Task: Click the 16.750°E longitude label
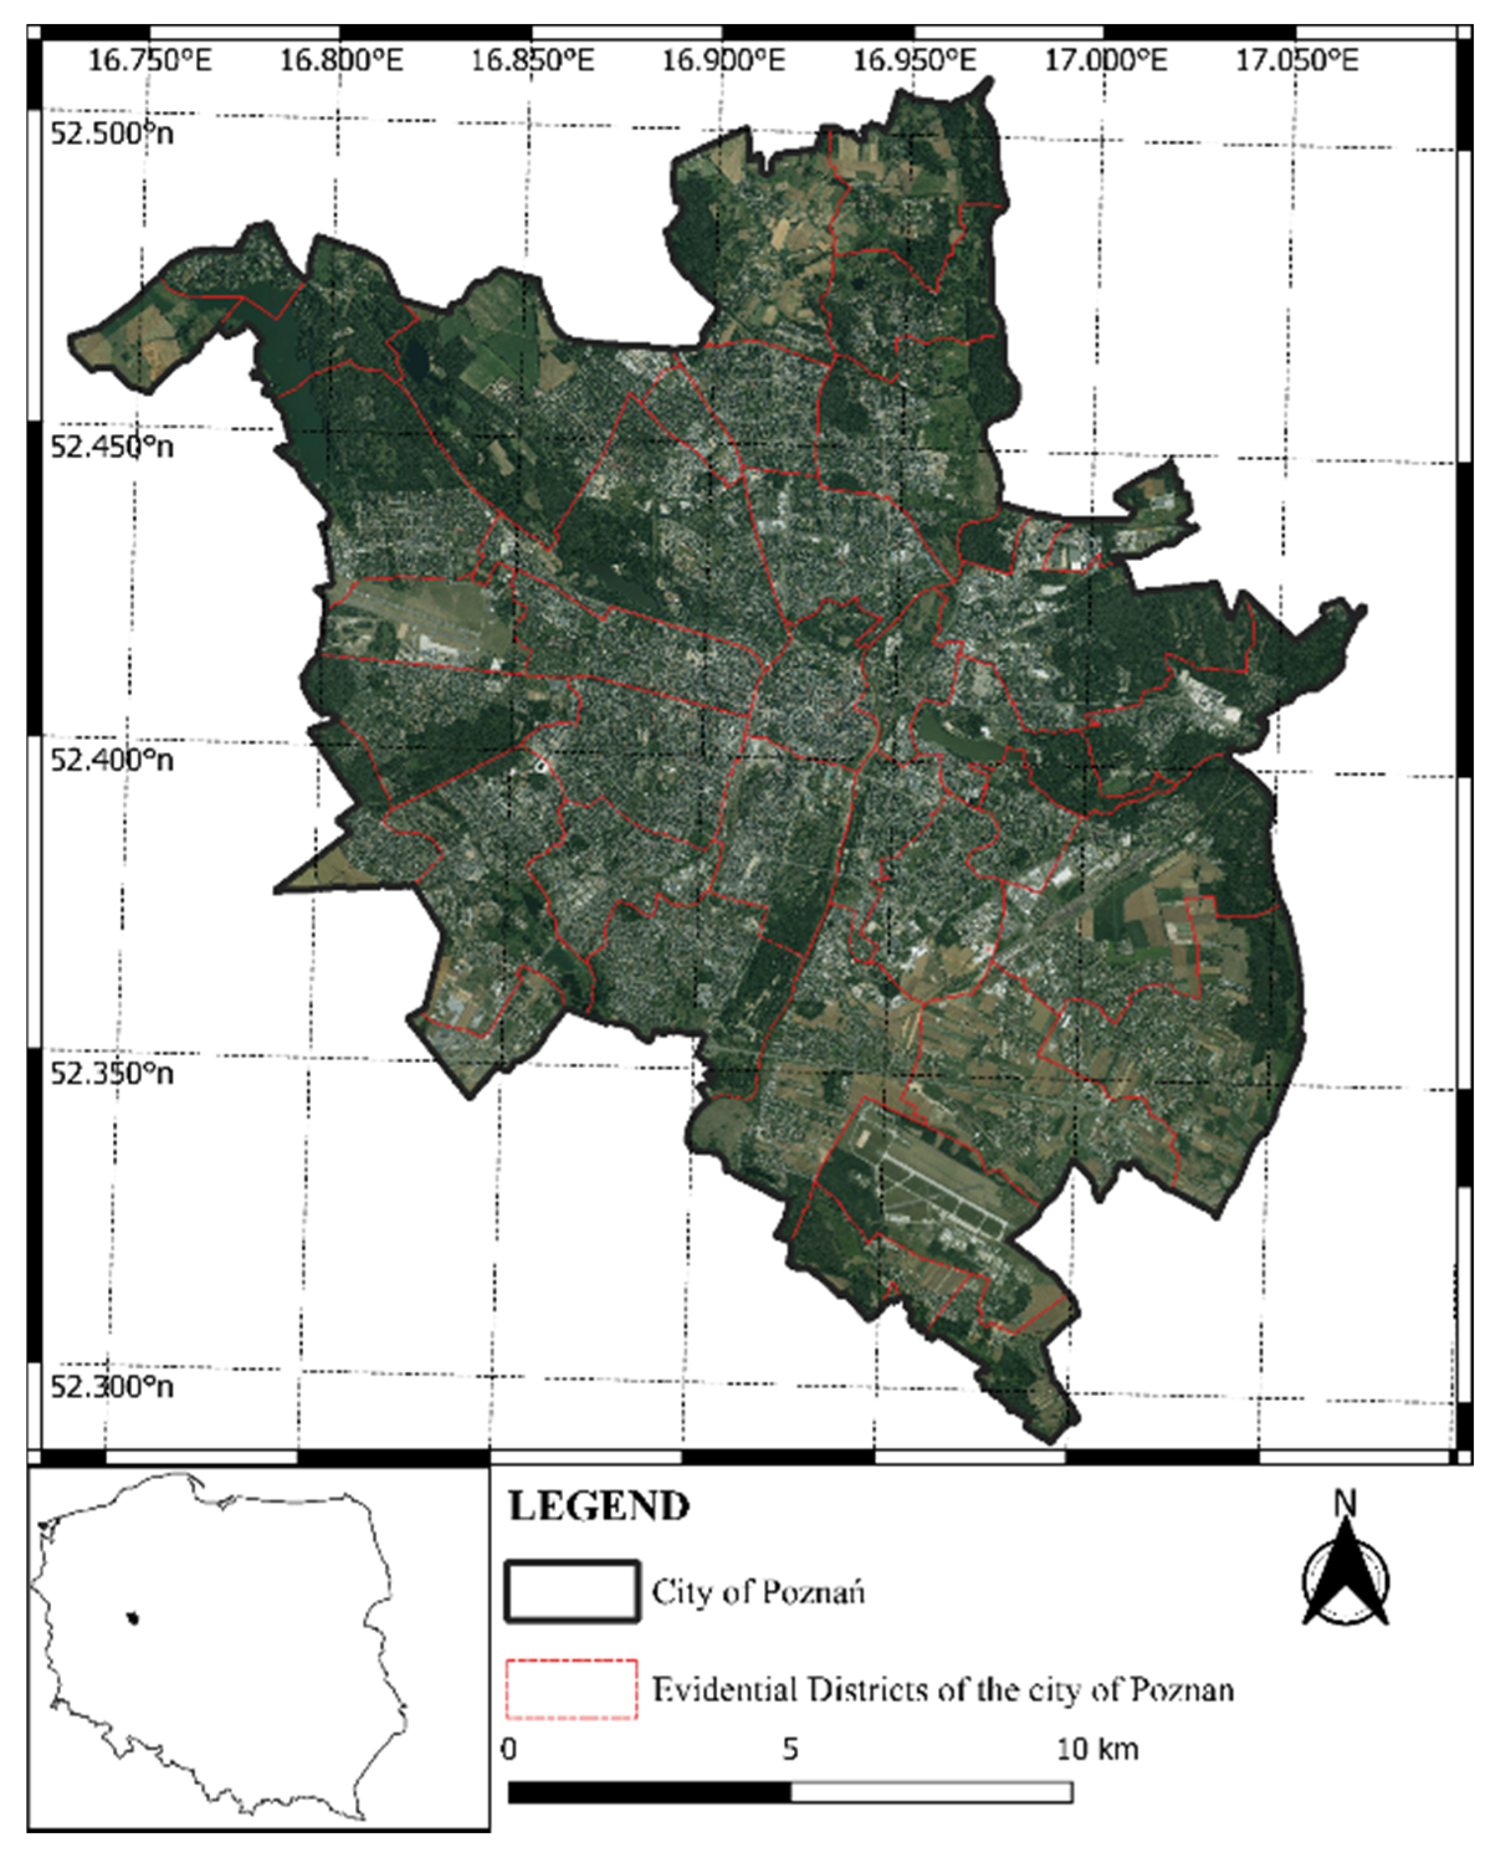click(x=150, y=60)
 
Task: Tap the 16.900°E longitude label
click(x=723, y=60)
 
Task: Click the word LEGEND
click(x=599, y=1507)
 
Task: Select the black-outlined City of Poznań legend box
click(x=572, y=1590)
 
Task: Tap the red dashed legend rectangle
click(x=572, y=1688)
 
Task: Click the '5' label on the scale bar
click(x=790, y=1749)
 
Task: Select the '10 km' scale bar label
click(x=1097, y=1749)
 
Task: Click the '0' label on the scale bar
click(x=509, y=1749)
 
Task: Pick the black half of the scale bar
click(x=649, y=1792)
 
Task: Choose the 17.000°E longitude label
click(x=1106, y=60)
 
